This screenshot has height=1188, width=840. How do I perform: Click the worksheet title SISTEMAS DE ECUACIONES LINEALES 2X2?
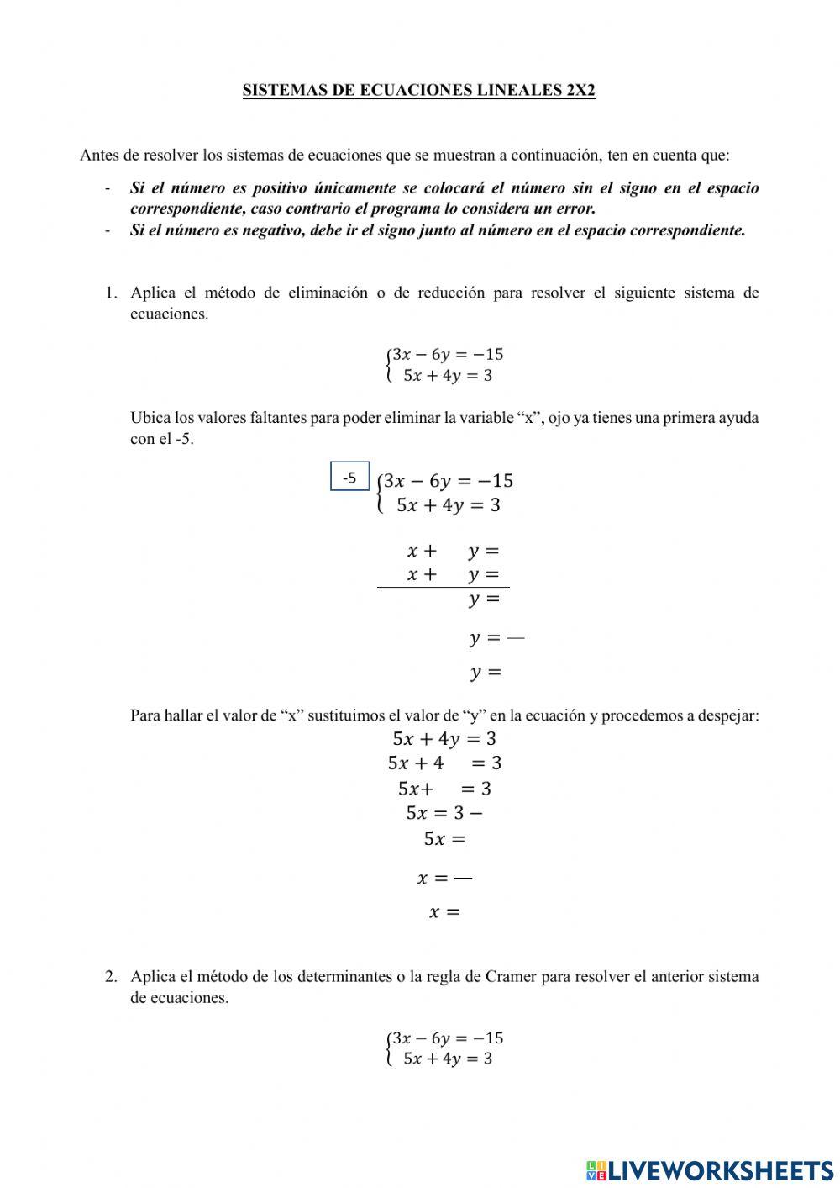[419, 91]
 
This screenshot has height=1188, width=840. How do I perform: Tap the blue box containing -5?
[350, 478]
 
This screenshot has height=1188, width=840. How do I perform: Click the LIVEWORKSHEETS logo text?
[720, 1170]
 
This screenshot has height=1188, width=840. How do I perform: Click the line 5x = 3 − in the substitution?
[444, 813]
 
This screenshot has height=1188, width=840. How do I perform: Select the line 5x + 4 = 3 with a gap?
[444, 763]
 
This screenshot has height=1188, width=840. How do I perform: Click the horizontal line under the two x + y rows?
[443, 587]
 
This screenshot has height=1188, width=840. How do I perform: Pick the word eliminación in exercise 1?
[328, 293]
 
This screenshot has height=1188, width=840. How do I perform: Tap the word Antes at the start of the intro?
[99, 156]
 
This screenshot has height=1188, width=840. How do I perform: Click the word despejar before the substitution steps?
[727, 715]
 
